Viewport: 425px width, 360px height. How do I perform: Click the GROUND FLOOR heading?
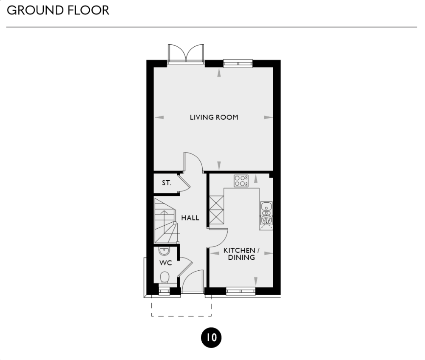[x=58, y=10]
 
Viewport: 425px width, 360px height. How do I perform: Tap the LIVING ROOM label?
[x=214, y=117]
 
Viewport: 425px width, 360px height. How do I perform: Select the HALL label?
[x=190, y=218]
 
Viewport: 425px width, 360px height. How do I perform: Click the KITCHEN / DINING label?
[x=239, y=254]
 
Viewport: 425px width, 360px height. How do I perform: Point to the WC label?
[x=165, y=263]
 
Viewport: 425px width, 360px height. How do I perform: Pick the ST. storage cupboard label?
[x=166, y=184]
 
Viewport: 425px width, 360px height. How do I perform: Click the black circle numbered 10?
[x=211, y=338]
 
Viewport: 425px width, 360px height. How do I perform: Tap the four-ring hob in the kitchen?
[x=241, y=181]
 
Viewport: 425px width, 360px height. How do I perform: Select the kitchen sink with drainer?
[x=266, y=213]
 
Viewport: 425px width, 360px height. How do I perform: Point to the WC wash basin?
[x=164, y=251]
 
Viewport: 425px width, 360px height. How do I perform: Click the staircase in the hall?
[x=166, y=221]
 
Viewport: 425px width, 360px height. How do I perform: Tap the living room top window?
[x=238, y=63]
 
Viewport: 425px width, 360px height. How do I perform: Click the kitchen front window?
[x=241, y=291]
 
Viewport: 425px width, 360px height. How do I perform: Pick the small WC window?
[x=164, y=291]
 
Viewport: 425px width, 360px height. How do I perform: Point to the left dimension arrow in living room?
[x=160, y=117]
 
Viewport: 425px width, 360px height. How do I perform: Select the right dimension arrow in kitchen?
[x=268, y=253]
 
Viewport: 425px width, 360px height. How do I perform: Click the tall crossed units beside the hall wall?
[x=215, y=209]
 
